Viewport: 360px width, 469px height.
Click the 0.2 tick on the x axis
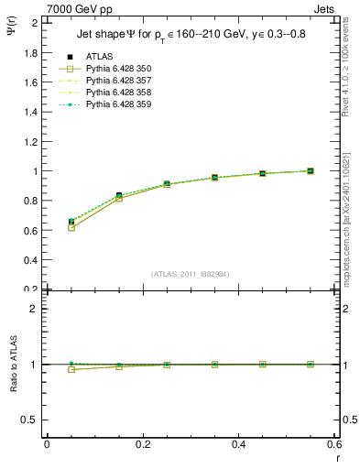pyautogui.click(x=143, y=444)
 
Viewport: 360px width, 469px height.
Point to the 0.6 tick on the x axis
pyautogui.click(x=334, y=444)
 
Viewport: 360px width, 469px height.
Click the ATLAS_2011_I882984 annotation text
pyautogui.click(x=191, y=274)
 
